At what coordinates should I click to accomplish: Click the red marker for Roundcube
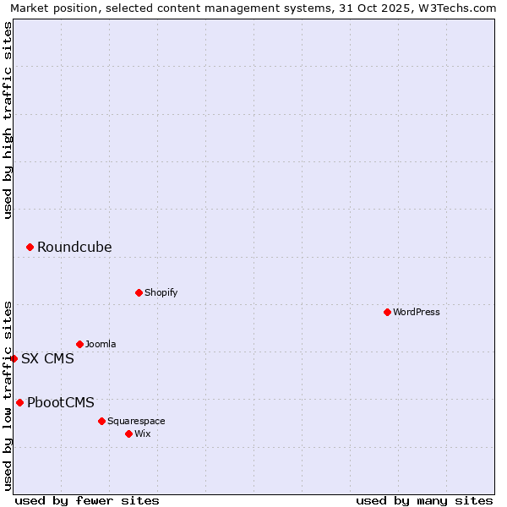30,247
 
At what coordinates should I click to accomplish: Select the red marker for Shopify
139,292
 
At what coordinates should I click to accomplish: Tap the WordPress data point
387,312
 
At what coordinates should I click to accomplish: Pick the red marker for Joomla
79,344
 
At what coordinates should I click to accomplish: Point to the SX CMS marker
14,358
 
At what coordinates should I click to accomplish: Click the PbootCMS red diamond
19,402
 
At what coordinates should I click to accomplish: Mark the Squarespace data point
101,421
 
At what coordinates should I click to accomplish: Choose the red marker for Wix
128,433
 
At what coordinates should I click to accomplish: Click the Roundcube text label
74,247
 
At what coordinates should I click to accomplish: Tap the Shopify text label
161,292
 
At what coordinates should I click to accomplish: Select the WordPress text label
416,312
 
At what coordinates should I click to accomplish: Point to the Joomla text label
101,344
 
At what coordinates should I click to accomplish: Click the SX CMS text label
47,358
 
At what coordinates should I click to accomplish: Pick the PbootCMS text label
61,402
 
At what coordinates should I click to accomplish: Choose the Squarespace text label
136,421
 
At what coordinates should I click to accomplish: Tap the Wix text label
142,433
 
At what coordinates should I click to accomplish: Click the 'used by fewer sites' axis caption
87,500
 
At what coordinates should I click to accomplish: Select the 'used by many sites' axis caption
424,500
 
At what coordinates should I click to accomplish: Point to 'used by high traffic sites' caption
8,120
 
